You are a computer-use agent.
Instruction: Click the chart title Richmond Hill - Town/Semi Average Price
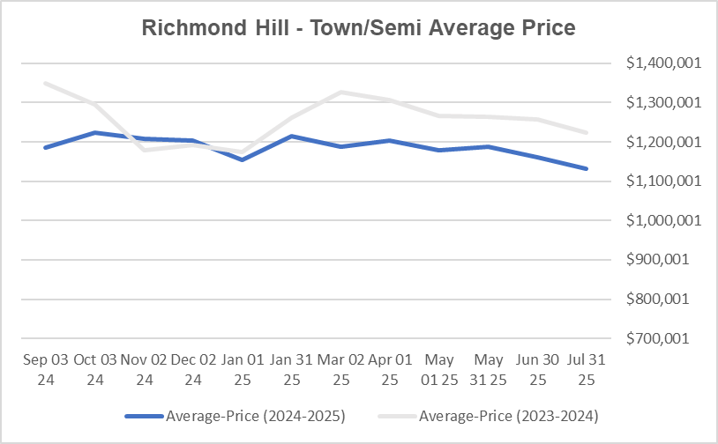coord(359,28)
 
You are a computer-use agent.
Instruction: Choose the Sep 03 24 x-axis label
coord(44,370)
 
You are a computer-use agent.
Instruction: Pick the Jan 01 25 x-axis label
coord(242,370)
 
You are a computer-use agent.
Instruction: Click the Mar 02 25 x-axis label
coord(340,370)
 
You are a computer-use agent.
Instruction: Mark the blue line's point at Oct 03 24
coord(93,133)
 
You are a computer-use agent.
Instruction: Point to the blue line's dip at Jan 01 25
coord(242,159)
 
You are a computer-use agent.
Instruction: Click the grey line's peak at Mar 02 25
coord(340,92)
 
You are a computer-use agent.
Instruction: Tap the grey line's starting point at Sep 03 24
coord(44,83)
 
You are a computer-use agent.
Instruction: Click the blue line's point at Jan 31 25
coord(291,136)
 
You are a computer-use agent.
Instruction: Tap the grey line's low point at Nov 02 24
coord(143,150)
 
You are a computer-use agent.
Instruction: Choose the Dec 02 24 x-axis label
coord(192,370)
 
